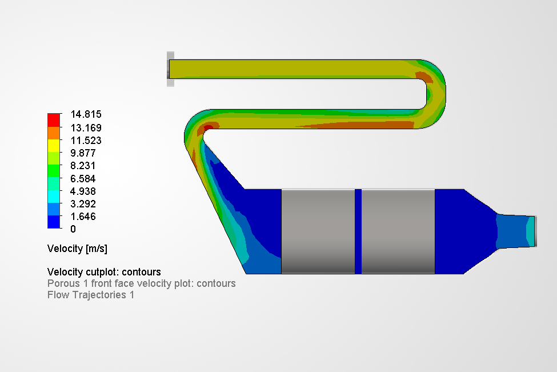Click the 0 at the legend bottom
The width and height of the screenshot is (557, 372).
pos(73,229)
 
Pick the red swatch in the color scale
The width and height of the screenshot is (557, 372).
pos(54,120)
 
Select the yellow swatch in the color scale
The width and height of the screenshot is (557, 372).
pos(54,145)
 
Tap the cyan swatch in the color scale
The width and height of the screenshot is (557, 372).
pos(54,197)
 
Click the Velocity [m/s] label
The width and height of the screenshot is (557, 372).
pos(77,249)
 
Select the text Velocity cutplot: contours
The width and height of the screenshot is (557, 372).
pos(104,272)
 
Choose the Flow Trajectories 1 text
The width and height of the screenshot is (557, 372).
pos(91,295)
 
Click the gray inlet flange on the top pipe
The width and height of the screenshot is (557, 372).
pos(170,69)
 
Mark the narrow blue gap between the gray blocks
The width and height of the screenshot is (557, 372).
pos(358,231)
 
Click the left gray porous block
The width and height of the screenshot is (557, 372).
pos(318,231)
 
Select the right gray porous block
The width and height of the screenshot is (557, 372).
pos(398,231)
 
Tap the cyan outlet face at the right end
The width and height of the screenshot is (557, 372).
pos(531,231)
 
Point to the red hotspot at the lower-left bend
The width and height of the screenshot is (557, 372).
pos(209,127)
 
